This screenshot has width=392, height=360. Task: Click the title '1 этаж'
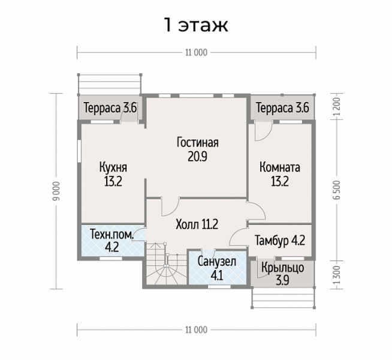click(196, 25)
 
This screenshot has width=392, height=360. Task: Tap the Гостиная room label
click(198, 142)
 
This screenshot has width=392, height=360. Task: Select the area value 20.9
click(198, 157)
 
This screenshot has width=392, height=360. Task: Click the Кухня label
click(113, 167)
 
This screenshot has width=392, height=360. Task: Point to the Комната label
click(280, 167)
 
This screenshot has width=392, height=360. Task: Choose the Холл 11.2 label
click(197, 224)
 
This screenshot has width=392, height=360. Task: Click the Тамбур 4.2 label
click(280, 241)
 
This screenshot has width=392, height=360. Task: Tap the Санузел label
click(217, 262)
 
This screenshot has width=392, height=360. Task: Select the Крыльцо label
click(283, 268)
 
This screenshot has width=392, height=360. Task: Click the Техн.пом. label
click(111, 235)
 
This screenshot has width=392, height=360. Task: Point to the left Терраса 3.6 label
click(110, 108)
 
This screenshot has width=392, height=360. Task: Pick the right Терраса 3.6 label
click(282, 108)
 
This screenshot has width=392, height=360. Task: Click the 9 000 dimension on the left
click(58, 191)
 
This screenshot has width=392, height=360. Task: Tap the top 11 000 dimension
click(196, 53)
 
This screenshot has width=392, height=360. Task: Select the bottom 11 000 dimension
click(196, 330)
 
